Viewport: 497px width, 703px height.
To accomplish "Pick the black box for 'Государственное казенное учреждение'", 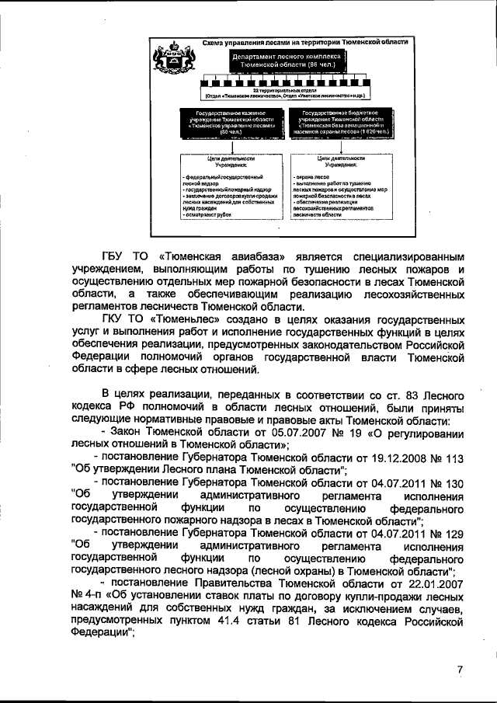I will [225, 124].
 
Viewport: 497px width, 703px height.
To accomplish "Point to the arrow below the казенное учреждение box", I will [225, 148].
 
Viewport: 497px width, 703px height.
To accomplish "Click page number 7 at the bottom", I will [459, 670].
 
